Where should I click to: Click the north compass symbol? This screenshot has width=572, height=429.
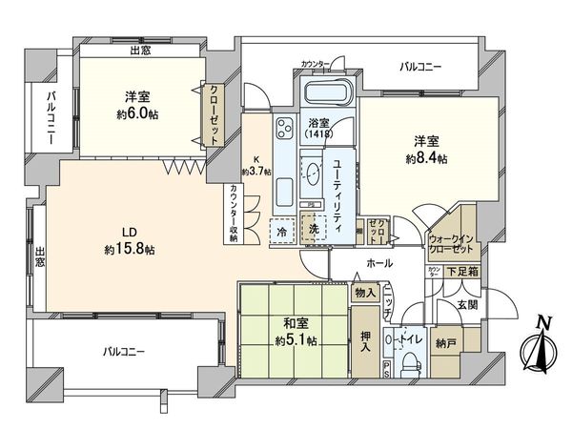[540, 345]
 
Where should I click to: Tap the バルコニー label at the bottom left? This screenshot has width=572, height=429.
[125, 352]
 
